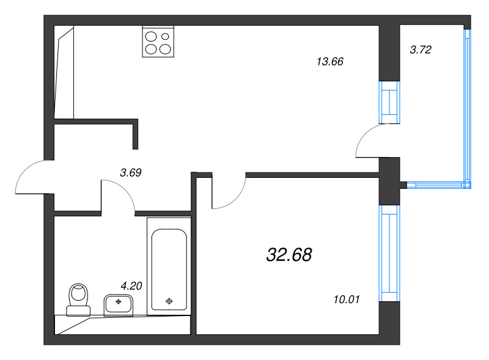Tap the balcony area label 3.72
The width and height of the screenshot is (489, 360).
[x=421, y=50]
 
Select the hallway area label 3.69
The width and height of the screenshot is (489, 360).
[x=131, y=173]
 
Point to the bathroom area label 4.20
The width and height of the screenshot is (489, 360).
[x=131, y=285]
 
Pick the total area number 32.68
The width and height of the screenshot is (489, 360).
[x=289, y=255]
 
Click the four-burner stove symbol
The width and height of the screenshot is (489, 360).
[x=158, y=42]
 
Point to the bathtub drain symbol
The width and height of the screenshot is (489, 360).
[x=169, y=301]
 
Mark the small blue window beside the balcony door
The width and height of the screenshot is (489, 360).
[x=389, y=102]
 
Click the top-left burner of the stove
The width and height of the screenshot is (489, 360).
[x=150, y=35]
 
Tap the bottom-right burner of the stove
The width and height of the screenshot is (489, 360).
[x=166, y=49]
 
